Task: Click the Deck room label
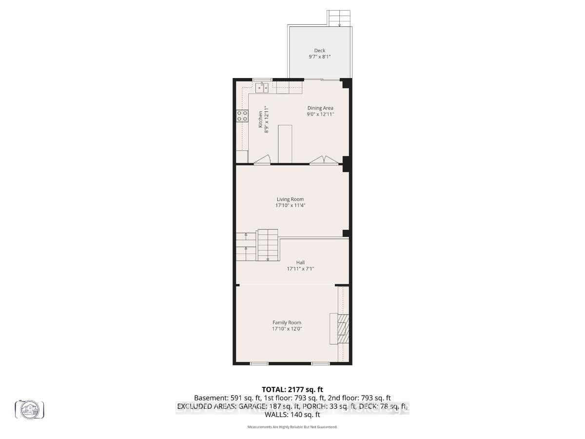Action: click(x=319, y=50)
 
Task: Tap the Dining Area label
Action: click(x=320, y=108)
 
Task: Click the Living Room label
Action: click(x=290, y=199)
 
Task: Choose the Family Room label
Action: click(x=287, y=322)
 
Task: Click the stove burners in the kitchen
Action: click(x=242, y=116)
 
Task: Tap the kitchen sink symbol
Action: click(x=262, y=88)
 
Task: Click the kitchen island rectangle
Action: click(x=285, y=143)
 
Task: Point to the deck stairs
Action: click(x=339, y=19)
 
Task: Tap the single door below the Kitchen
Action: click(x=262, y=160)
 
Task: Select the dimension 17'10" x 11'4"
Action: click(x=290, y=205)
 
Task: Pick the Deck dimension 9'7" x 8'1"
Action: click(x=319, y=57)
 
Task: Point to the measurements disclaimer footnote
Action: click(x=292, y=427)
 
